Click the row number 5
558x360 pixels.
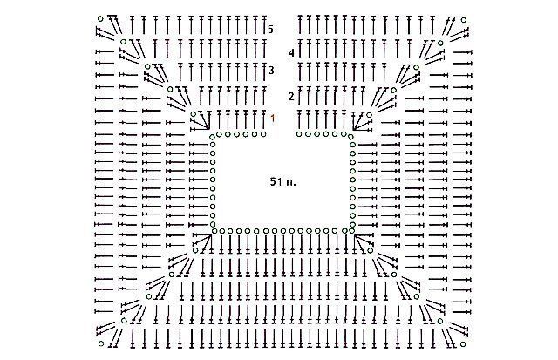[x=270, y=29]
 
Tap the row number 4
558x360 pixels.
[x=291, y=53]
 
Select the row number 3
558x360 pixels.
[x=271, y=71]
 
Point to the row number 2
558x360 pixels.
[x=291, y=97]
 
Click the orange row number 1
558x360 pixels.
[x=273, y=118]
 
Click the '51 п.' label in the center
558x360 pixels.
[x=282, y=182]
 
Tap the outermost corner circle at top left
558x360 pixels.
[x=101, y=18]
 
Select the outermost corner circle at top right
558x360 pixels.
[x=463, y=20]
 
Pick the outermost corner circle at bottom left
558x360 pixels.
[x=101, y=343]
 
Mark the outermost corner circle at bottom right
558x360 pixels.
[x=463, y=344]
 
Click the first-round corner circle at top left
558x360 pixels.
[x=194, y=114]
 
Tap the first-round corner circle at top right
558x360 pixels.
[x=369, y=115]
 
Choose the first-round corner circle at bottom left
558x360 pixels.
[x=195, y=250]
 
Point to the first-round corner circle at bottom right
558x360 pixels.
[x=370, y=251]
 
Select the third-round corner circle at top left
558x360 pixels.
[x=147, y=66]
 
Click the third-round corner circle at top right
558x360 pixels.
[x=416, y=67]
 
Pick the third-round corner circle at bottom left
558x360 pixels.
[x=149, y=296]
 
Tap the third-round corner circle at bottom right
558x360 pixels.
[x=417, y=297]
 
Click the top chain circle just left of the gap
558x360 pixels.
[x=263, y=134]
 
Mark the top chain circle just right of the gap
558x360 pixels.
[x=299, y=134]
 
